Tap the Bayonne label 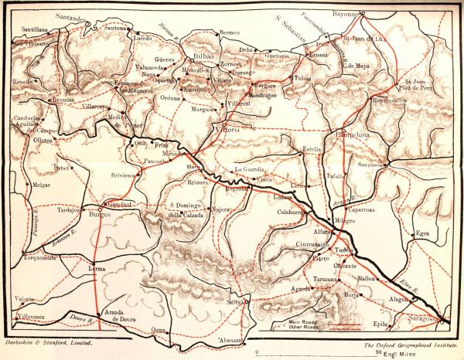[x=343, y=12]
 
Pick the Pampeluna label [x=353, y=137]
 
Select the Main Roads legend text [x=303, y=321]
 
